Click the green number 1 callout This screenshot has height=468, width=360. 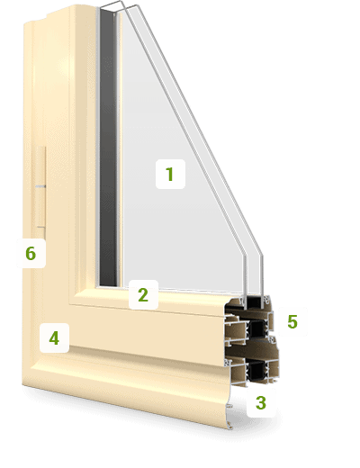170,174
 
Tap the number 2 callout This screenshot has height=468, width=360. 143,294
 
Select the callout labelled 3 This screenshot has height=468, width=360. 261,402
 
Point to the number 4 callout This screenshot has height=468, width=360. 54,337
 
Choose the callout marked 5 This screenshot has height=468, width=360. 292,321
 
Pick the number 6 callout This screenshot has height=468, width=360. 31,253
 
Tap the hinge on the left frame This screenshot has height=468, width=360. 40,192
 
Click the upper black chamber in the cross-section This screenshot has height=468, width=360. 256,328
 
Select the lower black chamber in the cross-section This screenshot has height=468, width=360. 256,371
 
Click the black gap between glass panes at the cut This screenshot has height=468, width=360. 254,302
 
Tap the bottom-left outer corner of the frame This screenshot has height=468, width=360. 22,383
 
